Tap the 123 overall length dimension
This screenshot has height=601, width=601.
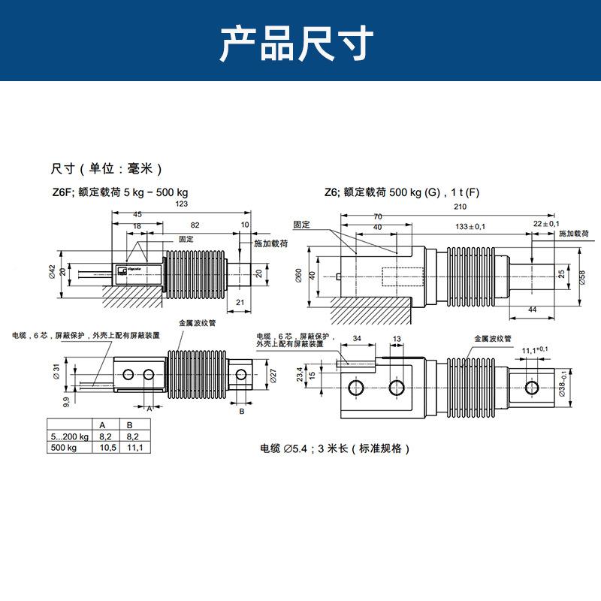pos(180,204)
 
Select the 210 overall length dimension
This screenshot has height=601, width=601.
pos(461,207)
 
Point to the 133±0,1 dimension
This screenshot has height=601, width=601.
pos(471,226)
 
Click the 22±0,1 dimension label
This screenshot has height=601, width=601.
pos(546,224)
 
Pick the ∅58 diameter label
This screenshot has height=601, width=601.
pos(583,276)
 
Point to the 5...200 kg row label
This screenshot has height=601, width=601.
pos(68,435)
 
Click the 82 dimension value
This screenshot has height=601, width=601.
pos(195,225)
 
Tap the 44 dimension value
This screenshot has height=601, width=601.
pos(532,310)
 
